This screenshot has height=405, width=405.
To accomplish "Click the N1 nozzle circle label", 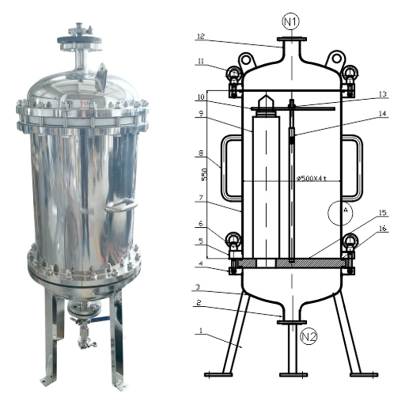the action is pos(291,22).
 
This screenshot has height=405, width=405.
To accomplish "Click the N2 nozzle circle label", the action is pos(309,336).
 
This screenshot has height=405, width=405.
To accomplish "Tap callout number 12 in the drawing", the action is pos(200,36).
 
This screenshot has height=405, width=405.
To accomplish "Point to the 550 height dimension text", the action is pos(204,175).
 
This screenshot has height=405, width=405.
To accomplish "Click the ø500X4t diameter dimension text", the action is pos(312,178).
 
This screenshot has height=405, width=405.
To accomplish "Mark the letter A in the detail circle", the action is pos(346,210).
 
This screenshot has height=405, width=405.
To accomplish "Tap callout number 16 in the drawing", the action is pos(383,228).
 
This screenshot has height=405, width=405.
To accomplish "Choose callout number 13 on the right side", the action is pos(383,94).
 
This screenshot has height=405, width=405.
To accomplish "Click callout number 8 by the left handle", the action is pos(201,153).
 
